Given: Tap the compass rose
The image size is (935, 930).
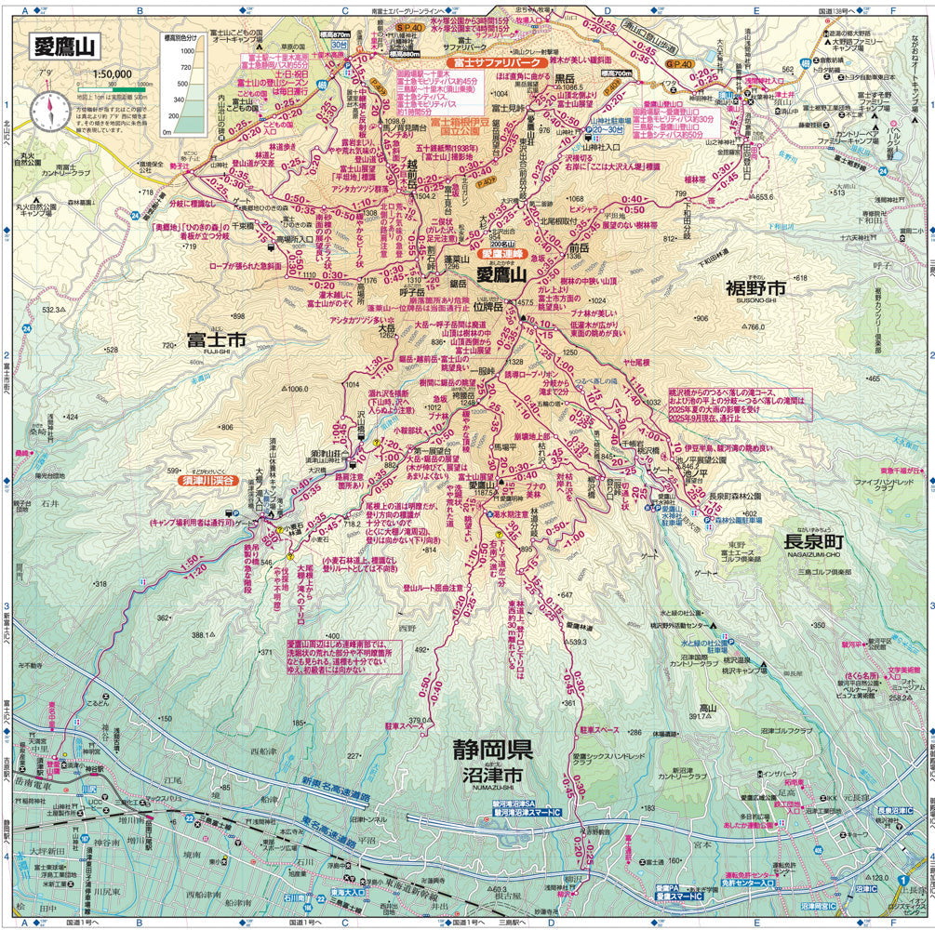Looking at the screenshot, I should tap(47, 112).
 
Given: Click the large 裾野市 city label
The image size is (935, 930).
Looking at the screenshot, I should tap(755, 289).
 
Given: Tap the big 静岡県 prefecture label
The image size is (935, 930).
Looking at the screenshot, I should tap(492, 750).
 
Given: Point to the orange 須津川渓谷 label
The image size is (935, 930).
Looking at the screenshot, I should tap(185, 483).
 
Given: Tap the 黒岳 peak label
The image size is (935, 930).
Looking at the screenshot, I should tap(564, 78).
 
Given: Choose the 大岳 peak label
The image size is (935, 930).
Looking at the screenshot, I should tap(386, 328).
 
